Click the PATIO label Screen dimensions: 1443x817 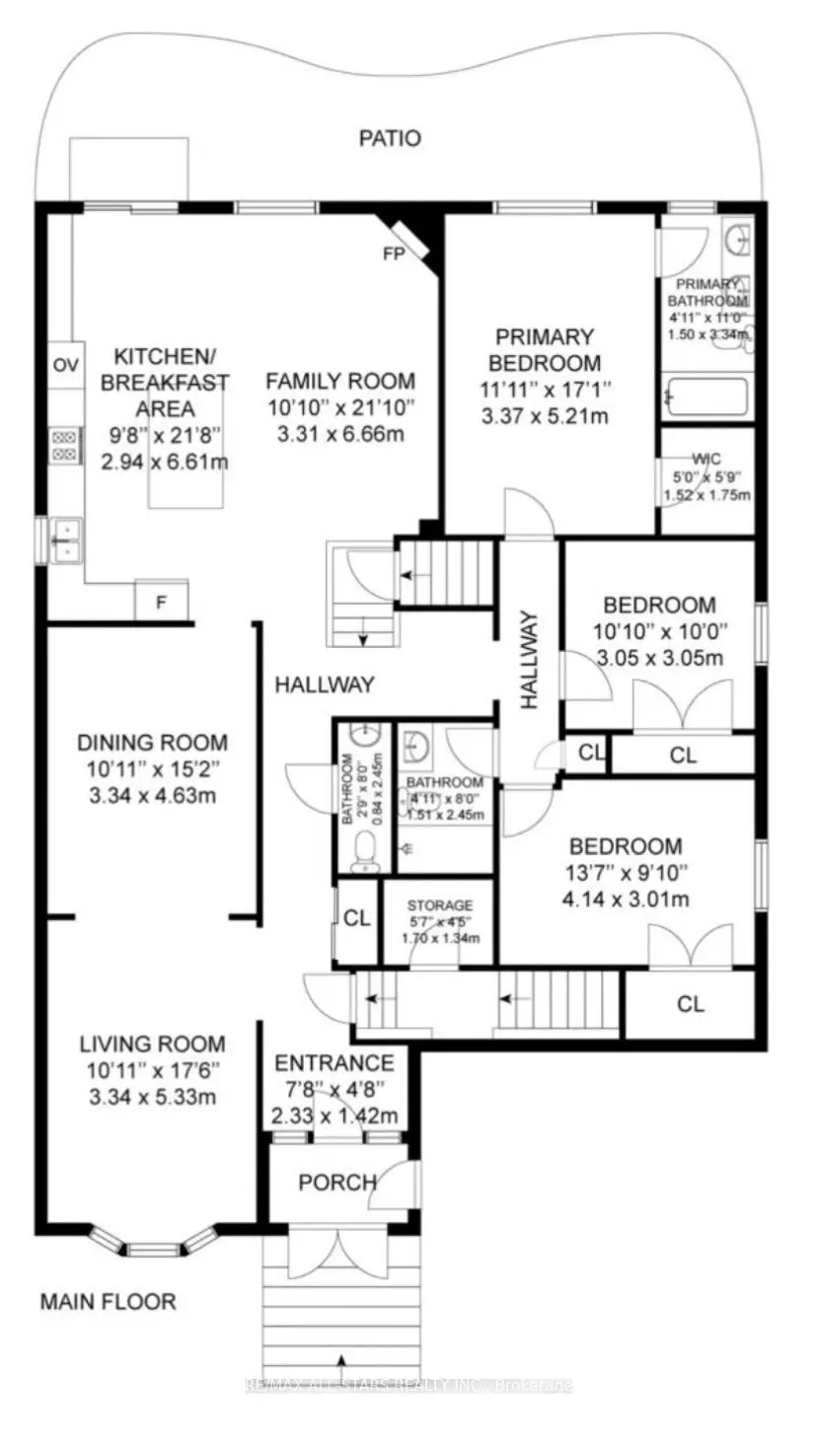[389, 138]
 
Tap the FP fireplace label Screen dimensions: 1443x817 [394, 253]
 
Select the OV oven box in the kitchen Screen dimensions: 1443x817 [65, 366]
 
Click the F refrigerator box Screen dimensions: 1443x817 [161, 601]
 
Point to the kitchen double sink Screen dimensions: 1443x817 [64, 541]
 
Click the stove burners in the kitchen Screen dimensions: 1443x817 [65, 445]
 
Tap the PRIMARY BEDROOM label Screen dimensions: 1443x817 [547, 349]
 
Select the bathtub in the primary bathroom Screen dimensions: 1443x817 [706, 399]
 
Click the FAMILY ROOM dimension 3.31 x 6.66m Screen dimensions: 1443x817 [340, 434]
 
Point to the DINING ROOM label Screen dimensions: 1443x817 [152, 743]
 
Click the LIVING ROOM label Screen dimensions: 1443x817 [152, 1044]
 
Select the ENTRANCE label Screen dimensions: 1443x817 [334, 1062]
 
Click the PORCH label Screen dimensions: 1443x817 [336, 1182]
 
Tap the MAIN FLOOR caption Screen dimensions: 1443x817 [108, 1301]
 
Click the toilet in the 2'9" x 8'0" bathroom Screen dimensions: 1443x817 [364, 849]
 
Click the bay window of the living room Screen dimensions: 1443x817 [152, 1246]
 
